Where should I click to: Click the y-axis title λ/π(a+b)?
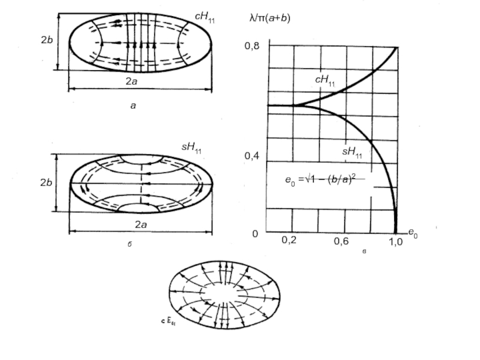[x=269, y=19]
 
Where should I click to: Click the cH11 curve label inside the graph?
[x=325, y=81]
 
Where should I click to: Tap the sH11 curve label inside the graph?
[x=352, y=152]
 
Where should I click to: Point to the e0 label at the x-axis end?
[x=413, y=232]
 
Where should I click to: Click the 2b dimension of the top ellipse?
[x=47, y=41]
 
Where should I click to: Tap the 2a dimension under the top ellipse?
[x=139, y=80]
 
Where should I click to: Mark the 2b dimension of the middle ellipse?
[x=47, y=183]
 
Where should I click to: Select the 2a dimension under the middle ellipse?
[x=141, y=224]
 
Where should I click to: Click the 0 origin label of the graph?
[x=254, y=233]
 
